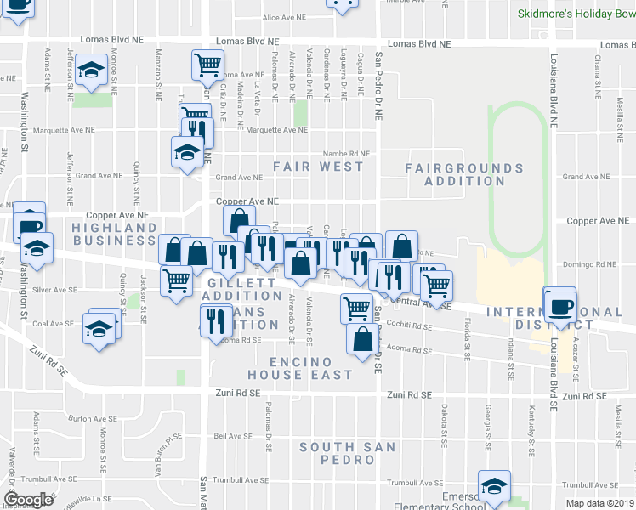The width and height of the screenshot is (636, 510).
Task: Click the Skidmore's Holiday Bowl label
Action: (576, 14)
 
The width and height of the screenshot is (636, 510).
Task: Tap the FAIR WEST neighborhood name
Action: (318, 167)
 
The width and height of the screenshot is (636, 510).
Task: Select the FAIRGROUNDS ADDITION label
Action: (463, 174)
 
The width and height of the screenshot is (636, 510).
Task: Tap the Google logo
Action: (28, 500)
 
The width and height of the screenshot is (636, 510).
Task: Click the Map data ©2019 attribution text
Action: (599, 503)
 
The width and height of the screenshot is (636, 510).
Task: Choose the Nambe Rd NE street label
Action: (346, 154)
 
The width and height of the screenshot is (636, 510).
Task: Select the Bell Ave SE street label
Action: (230, 436)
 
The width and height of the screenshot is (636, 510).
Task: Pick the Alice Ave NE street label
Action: (283, 17)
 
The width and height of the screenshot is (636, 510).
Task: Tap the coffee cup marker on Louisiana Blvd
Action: (559, 304)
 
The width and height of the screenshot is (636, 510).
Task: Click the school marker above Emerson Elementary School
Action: (493, 486)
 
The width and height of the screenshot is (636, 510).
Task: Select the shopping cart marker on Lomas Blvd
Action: (207, 65)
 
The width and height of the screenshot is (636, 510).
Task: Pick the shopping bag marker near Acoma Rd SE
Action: (362, 338)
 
